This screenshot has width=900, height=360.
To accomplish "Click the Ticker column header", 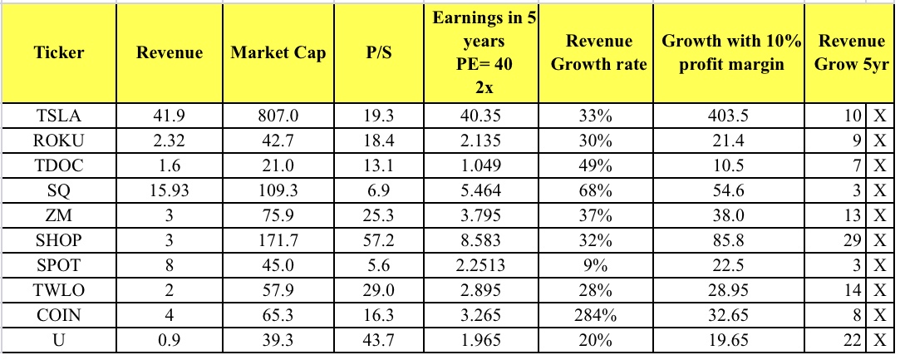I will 59,53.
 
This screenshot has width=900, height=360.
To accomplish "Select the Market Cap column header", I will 278,53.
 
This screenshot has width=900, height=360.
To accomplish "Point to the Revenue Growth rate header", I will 598,52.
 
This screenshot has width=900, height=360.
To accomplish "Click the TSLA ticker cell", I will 59,116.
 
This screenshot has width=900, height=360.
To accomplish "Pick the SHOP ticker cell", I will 59,244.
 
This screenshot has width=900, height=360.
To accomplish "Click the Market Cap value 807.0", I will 278,116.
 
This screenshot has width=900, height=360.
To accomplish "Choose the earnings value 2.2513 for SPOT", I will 481,268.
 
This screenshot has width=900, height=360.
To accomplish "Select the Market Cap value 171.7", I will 278,244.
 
